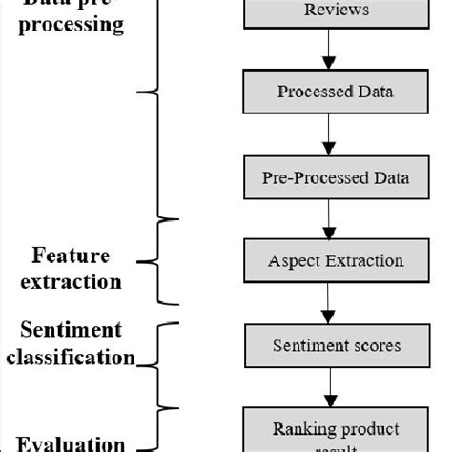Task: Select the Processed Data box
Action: click(x=326, y=92)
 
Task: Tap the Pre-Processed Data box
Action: click(x=326, y=178)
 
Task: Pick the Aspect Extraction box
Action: click(x=326, y=259)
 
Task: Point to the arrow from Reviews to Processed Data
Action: click(x=326, y=50)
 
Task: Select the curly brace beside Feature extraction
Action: click(x=163, y=260)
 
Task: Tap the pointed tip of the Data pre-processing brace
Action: click(x=141, y=92)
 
